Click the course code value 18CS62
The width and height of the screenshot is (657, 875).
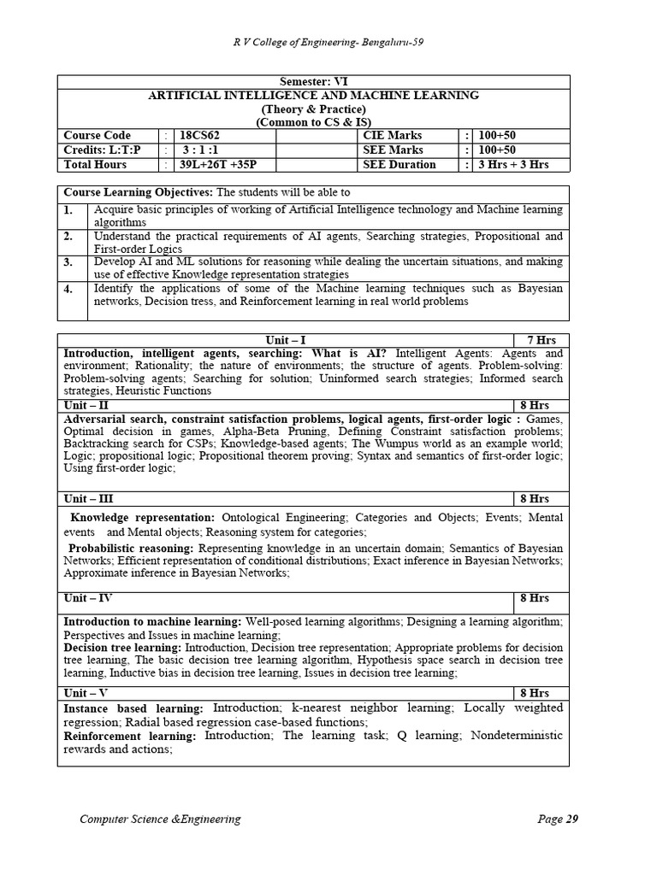pos(198,135)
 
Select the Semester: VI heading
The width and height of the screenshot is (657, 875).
pos(313,81)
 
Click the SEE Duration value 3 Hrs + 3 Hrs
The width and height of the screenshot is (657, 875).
pos(512,164)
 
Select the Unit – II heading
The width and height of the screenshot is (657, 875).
pos(86,405)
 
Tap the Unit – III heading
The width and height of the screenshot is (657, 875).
pos(89,498)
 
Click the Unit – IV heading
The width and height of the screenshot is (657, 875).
pos(88,598)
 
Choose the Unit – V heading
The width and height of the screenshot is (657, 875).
pos(86,693)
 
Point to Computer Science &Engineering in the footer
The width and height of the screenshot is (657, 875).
pos(160,819)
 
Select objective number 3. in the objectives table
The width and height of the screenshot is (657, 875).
pos(68,261)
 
